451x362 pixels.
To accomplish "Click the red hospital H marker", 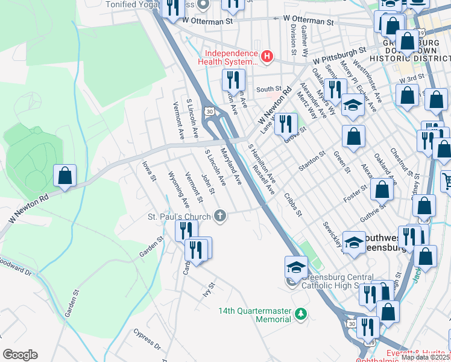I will click(x=266, y=57).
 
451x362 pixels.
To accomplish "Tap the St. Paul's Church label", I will click(x=179, y=216).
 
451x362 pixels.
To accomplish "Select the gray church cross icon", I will click(x=221, y=215).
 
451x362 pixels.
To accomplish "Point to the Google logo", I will click(x=20, y=355).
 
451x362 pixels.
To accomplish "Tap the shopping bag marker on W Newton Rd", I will click(x=65, y=177).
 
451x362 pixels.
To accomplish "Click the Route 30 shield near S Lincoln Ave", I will click(x=209, y=112).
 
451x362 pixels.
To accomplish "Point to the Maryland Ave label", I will click(x=231, y=166).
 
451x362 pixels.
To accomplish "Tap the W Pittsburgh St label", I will click(x=339, y=56).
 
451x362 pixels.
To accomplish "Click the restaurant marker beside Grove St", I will click(x=286, y=124).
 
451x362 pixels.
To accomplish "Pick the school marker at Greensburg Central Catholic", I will click(x=296, y=267).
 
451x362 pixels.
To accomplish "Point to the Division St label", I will click(x=292, y=36).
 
